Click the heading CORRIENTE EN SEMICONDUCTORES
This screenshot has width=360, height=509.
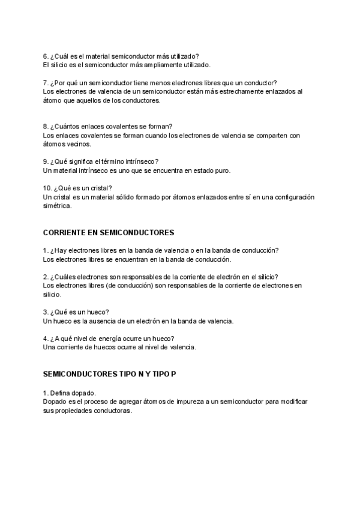(x=109, y=232)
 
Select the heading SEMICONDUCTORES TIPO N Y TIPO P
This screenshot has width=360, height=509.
(x=110, y=374)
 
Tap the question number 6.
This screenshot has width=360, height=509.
(x=46, y=56)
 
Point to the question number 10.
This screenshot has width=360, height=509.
(x=48, y=188)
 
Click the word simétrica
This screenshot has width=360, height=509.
(x=58, y=206)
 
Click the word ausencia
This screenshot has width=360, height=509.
(x=111, y=321)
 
